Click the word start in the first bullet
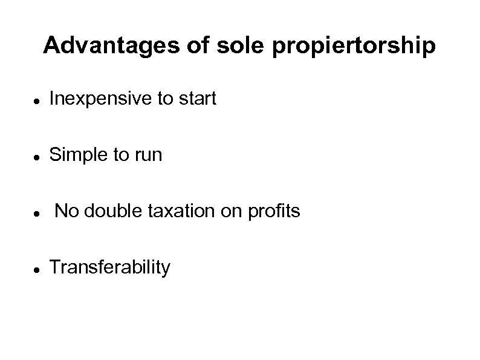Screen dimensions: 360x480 click(x=197, y=99)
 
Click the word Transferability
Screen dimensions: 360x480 click(x=110, y=267)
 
